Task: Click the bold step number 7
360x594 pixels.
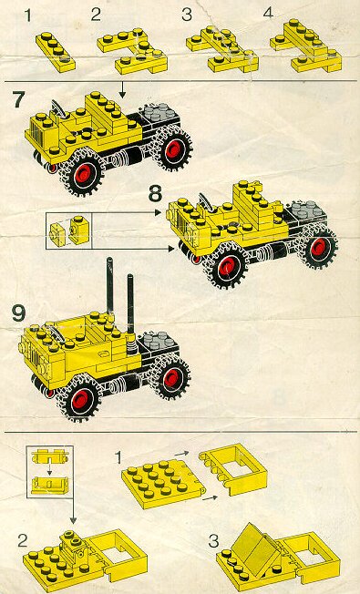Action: (x=18, y=100)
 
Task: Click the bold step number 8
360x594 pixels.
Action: (x=155, y=193)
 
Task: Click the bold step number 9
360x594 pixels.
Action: (x=18, y=313)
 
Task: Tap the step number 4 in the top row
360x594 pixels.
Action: (x=268, y=14)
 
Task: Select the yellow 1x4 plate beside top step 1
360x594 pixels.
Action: (x=56, y=52)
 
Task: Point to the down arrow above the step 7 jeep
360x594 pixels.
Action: (x=121, y=90)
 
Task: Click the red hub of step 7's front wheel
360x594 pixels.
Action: (x=83, y=175)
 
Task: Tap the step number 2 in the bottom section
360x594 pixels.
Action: (x=23, y=541)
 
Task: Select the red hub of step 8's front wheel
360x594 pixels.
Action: (x=228, y=266)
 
